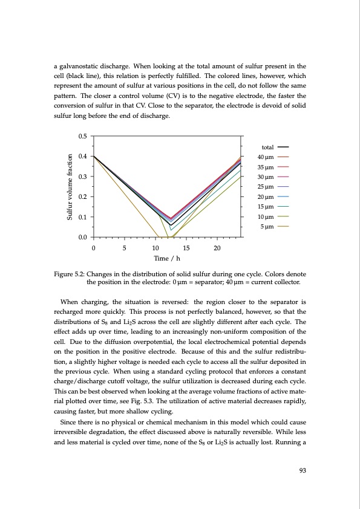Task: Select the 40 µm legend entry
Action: (267, 157)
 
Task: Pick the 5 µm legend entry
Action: (269, 227)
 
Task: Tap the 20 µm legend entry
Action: (267, 197)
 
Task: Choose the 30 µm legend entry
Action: (267, 177)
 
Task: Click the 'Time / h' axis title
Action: (168, 259)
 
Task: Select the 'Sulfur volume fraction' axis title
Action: (71, 186)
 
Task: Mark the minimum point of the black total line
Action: (171, 225)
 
